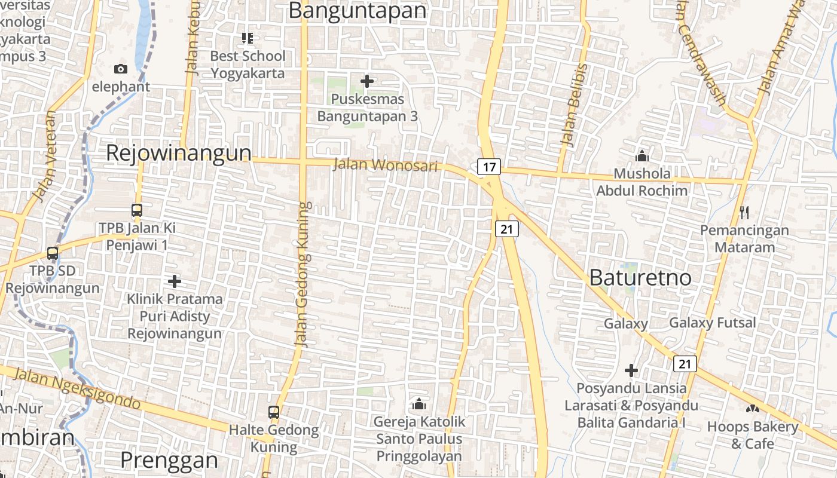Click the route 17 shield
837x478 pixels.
(489, 167)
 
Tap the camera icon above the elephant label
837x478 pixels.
(121, 69)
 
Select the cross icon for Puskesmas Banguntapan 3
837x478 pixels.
(367, 81)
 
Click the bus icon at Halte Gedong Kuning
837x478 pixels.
(274, 412)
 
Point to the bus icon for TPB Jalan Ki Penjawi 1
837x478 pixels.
(137, 210)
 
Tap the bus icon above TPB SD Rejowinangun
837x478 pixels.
(53, 253)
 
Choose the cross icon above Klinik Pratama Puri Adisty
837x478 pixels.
(175, 281)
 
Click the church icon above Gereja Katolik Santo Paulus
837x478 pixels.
(419, 404)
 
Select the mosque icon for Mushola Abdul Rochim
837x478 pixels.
(642, 156)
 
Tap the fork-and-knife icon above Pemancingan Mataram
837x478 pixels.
(744, 212)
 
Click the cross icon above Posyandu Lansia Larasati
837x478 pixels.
(631, 370)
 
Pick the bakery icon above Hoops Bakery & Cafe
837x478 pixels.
(752, 409)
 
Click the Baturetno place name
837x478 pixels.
(640, 277)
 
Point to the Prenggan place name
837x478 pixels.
(169, 459)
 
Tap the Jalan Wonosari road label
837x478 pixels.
(386, 165)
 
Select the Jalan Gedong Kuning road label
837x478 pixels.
(304, 275)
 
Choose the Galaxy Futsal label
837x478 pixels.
(713, 323)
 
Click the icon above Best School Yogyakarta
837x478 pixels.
(248, 39)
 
